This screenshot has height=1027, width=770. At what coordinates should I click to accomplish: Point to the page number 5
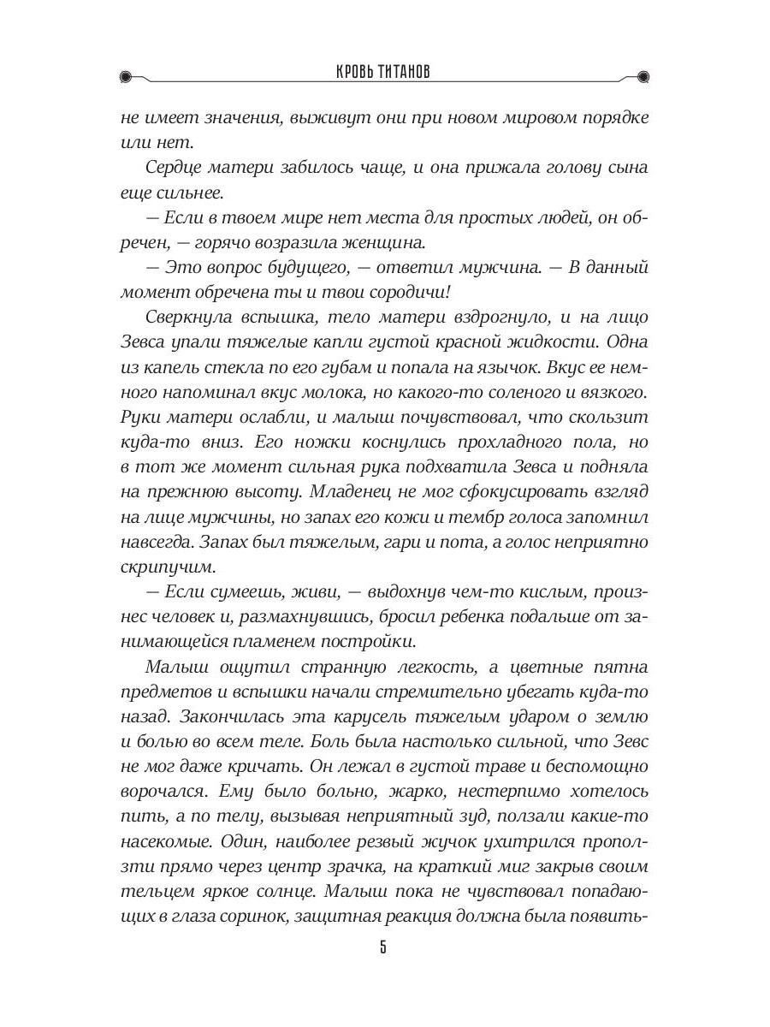click(384, 947)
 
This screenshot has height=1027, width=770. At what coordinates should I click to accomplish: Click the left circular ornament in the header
click(127, 75)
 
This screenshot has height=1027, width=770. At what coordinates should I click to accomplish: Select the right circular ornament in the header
click(643, 75)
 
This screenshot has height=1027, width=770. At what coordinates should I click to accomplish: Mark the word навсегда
click(157, 542)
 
